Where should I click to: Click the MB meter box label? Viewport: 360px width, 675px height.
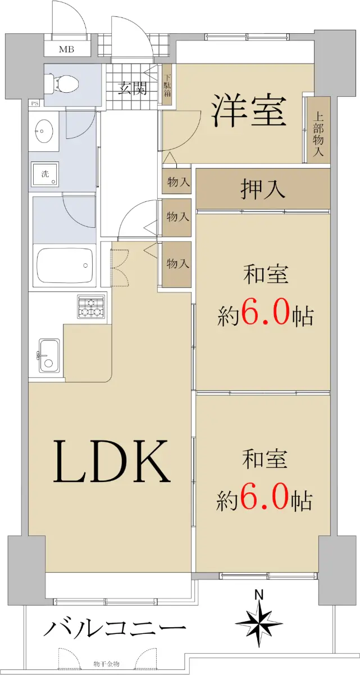pos(66,49)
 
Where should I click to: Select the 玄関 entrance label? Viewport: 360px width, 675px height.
pos(133,88)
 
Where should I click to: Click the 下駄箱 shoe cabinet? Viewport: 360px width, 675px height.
pos(167,85)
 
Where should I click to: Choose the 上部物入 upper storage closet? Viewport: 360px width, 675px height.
pos(318,130)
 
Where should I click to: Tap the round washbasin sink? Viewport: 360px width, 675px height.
pos(44,131)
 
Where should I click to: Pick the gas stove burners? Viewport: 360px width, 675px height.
pos(91,306)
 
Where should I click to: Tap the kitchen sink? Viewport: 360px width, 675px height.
pos(49,355)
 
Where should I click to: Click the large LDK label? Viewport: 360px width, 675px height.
pos(111,461)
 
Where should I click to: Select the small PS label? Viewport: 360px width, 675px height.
pos(35,103)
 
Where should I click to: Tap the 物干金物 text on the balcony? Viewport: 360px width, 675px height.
pos(107,669)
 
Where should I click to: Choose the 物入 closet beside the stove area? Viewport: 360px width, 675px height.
pos(177,264)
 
